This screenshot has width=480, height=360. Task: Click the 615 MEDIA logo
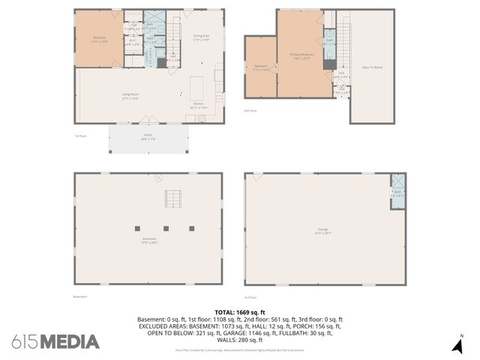[x=55, y=342]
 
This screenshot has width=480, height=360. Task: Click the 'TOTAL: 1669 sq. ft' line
[x=239, y=311]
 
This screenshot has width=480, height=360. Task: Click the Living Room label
[x=131, y=97]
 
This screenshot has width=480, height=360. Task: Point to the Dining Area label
[x=201, y=38]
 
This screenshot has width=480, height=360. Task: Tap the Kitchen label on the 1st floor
[x=199, y=106]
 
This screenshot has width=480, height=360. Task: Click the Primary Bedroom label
[x=300, y=57]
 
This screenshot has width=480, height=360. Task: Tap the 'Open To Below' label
[x=373, y=67]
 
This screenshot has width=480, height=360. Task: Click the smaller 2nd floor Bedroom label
[x=261, y=68]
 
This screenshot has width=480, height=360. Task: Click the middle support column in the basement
[x=166, y=227]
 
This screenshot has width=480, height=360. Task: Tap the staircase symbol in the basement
[x=173, y=199]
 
